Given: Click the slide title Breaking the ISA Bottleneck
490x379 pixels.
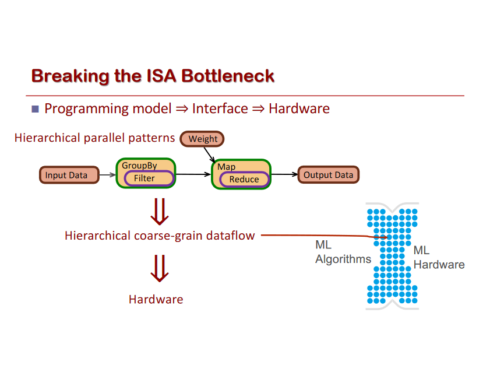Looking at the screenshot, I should tap(153, 76).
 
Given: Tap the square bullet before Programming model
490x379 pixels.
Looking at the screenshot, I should tap(35, 108).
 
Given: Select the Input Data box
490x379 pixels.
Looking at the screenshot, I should tap(66, 175).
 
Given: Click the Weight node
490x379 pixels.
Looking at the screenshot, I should tap(202, 139).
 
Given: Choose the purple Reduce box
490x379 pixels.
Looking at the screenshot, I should tap(244, 180).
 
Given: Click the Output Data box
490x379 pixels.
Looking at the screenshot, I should tap(328, 175).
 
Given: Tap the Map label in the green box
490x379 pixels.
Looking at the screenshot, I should tap(226, 167).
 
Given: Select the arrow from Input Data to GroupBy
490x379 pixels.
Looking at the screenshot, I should tap(107, 174).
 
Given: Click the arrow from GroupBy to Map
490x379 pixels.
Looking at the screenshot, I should tap(193, 174).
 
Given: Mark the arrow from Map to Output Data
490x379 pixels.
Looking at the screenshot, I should tap(284, 174).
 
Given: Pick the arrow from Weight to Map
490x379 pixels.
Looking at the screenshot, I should tap(209, 154).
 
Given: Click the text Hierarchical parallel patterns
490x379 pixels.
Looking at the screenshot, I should tap(94, 138).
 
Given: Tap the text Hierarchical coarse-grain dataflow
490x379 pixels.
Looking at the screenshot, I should tap(160, 236).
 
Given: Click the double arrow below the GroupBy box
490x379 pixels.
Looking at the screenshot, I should tap(159, 211).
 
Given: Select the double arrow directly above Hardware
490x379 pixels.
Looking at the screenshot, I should tap(159, 268).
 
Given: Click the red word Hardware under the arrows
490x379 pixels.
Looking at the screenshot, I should tap(156, 300).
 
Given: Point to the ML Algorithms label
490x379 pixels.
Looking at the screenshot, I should tap(343, 252).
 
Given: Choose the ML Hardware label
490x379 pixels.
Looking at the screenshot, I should tap(438, 258).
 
